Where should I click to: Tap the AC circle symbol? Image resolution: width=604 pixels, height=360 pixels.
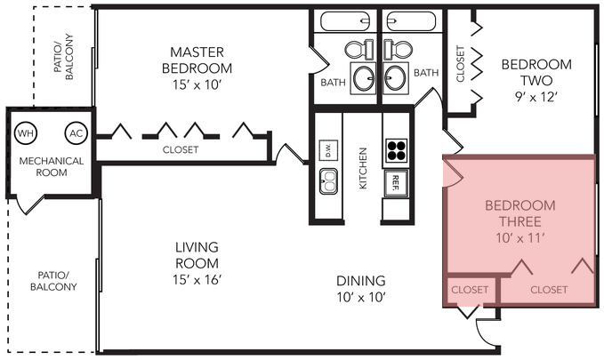[x=76, y=133]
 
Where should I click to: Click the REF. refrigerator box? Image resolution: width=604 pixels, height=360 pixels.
[x=395, y=183]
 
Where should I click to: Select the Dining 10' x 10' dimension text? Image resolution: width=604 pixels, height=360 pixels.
[x=360, y=296]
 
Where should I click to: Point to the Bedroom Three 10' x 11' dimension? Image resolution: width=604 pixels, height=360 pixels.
[x=519, y=237]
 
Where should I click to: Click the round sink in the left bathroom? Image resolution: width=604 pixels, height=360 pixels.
[x=363, y=79]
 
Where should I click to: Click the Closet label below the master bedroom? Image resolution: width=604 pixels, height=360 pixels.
[x=181, y=150]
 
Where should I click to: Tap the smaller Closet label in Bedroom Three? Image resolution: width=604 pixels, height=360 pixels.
[x=469, y=290]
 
